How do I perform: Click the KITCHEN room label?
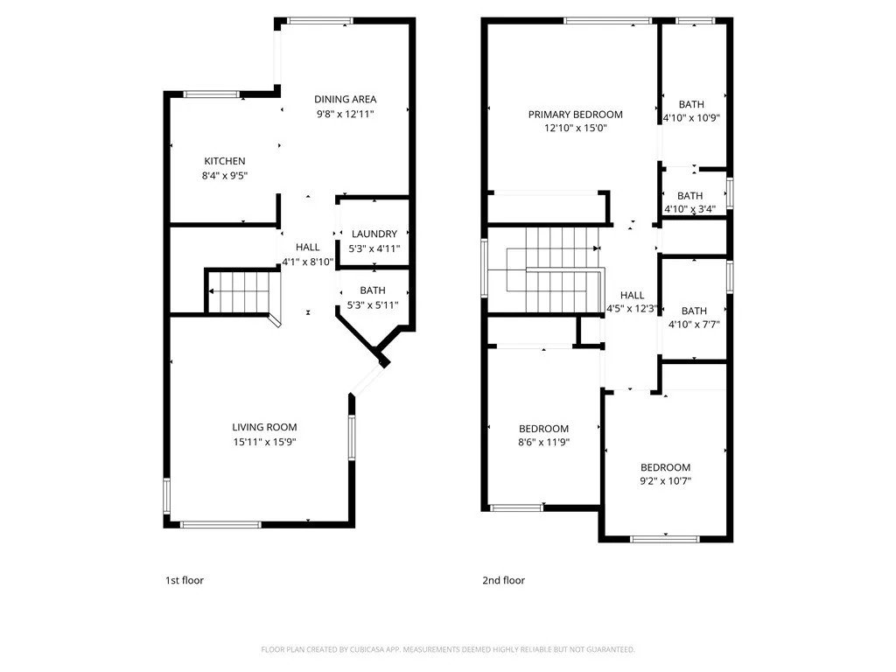pos(225,161)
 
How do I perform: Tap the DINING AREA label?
pos(345,99)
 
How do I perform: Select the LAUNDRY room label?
pos(374,234)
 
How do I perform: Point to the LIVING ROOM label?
pos(264,427)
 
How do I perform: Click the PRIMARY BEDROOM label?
pos(576,115)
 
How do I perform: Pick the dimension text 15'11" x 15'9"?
pos(264,442)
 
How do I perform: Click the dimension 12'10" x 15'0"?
pos(576,128)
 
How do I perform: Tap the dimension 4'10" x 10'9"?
pos(691,118)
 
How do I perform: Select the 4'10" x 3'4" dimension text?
pos(689,209)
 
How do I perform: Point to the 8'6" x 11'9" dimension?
pos(544,442)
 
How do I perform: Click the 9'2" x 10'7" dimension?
pos(665,481)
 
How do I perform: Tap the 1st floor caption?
pos(185,581)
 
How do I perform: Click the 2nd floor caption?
pos(503,581)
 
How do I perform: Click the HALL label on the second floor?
pos(632,296)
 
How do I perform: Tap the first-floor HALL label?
pos(307,248)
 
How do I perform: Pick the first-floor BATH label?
pos(373,290)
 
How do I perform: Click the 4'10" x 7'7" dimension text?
pos(694,325)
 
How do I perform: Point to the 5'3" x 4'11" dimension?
pos(374,248)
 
